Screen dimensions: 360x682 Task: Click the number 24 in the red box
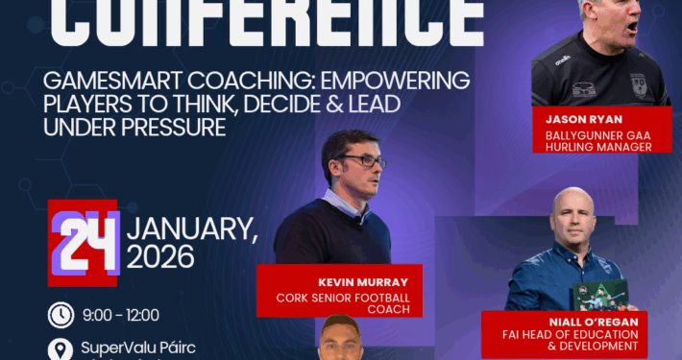(84, 241)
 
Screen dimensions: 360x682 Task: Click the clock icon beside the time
(61, 314)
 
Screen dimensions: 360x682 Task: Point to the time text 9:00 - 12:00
(122, 314)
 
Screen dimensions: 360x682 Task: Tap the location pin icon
(61, 348)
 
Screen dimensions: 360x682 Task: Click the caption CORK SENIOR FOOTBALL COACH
(350, 303)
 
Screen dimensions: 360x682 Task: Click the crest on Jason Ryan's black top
(639, 84)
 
